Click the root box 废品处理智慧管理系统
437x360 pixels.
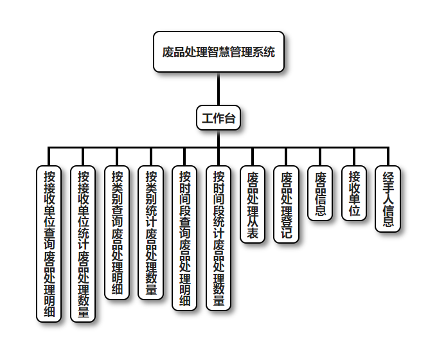pos(219,52)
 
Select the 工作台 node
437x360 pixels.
pos(219,118)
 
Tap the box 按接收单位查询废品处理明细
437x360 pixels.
pos(49,244)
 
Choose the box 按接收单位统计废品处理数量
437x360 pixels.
pos(83,244)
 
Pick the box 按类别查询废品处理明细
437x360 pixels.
pos(117,232)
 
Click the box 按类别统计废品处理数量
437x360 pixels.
pos(151,232)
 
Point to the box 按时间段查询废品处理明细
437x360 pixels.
pos(185,238)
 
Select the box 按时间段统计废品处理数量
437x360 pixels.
pos(219,238)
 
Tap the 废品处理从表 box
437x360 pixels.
pos(253,204)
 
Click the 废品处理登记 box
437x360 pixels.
pos(287,204)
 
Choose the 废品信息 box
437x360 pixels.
pos(321,193)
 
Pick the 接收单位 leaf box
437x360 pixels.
pos(354,193)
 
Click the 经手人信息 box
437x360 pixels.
pos(388,199)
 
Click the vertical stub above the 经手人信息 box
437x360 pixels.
pos(388,156)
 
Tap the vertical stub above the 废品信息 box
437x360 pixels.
pos(321,156)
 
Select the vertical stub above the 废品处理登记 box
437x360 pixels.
pos(287,156)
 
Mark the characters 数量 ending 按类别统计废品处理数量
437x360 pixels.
pos(151,283)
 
